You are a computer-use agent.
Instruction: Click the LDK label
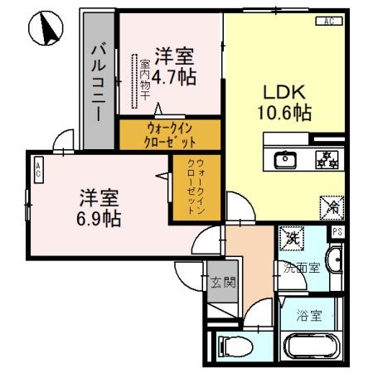[282, 90]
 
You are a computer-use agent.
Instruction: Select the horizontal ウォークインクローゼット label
[171, 134]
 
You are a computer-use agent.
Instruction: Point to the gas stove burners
[324, 157]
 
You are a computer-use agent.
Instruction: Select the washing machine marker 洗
[293, 239]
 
